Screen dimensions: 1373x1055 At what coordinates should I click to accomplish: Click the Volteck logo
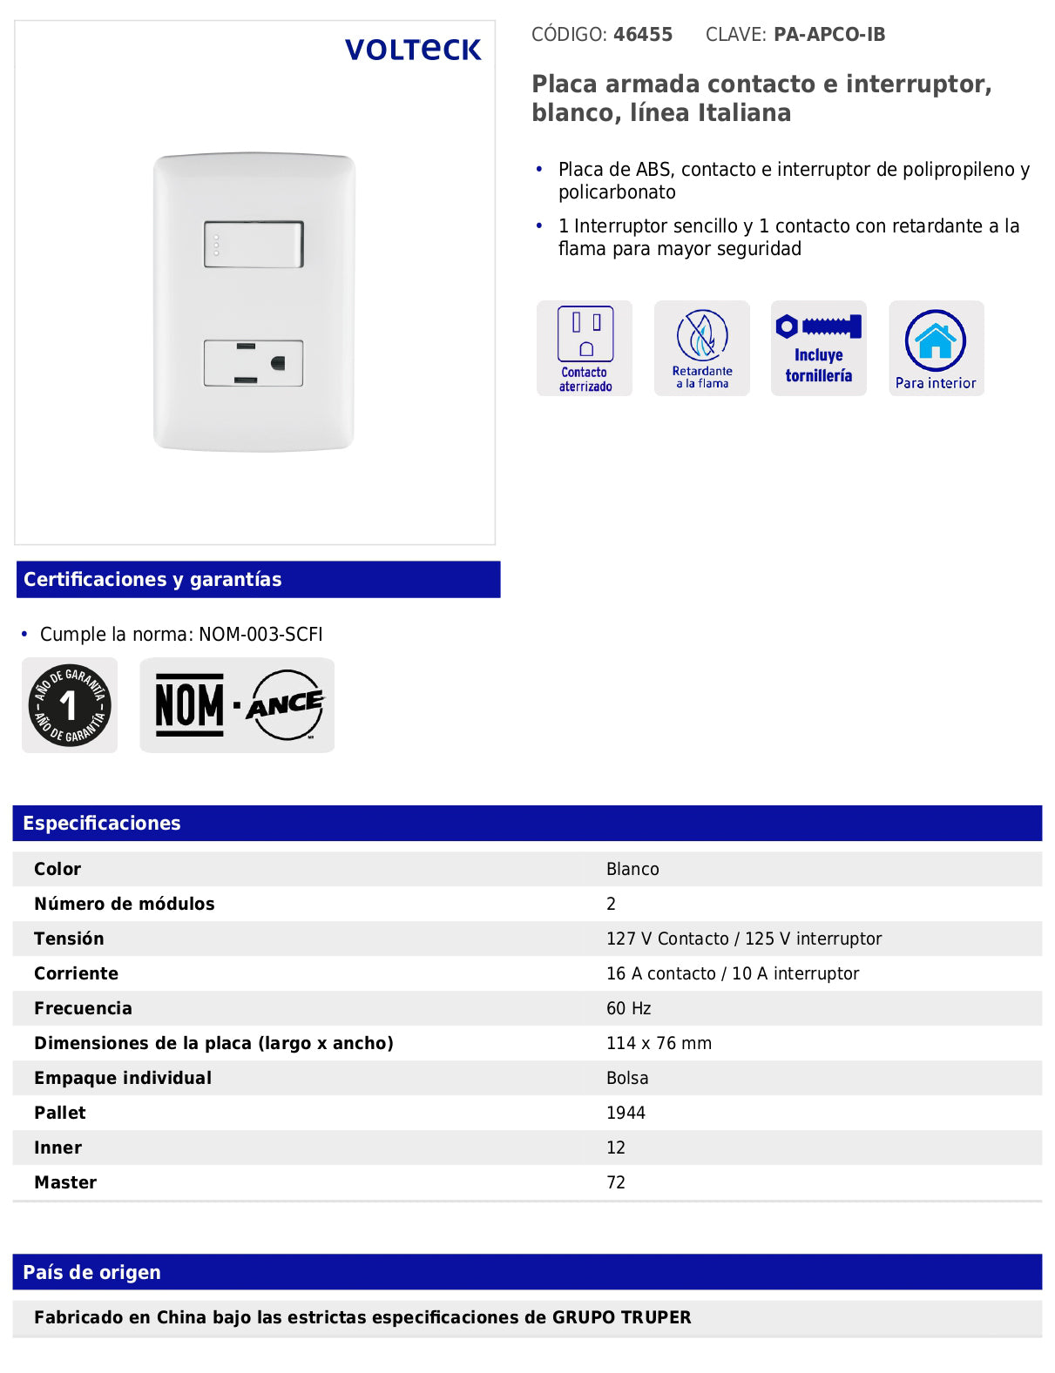pos(413,50)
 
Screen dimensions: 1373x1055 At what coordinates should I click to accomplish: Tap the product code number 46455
pos(643,35)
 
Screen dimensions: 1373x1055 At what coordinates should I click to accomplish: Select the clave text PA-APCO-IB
pos(828,35)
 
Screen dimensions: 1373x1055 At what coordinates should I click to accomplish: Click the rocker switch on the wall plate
pos(254,244)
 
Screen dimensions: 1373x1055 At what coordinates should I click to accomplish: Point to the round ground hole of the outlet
pos(279,363)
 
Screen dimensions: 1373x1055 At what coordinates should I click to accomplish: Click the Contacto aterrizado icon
pos(585,348)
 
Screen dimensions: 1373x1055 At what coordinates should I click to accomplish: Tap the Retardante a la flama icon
pos(701,348)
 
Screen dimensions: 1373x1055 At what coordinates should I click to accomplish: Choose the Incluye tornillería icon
pos(818,348)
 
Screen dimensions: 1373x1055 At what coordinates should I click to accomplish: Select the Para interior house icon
pos(936,348)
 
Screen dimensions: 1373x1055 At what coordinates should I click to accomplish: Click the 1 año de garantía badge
pos(70,705)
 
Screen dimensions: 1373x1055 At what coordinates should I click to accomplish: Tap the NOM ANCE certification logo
pos(237,705)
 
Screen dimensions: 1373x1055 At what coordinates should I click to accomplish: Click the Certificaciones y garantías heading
pos(152,580)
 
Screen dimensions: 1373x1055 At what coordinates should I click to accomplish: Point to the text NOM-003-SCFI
pos(260,635)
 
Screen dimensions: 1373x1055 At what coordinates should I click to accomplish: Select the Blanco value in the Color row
pos(632,869)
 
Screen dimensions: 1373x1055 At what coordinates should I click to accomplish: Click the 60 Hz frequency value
pos(629,1008)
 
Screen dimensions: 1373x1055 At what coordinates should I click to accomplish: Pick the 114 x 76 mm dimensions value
pos(659,1043)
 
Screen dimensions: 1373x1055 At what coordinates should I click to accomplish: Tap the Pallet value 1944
pos(626,1113)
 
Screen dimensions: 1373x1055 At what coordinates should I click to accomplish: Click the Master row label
pos(65,1182)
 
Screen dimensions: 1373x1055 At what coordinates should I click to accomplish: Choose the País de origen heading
pos(91,1273)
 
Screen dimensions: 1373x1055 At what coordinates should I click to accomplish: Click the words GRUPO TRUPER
pos(621,1317)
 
